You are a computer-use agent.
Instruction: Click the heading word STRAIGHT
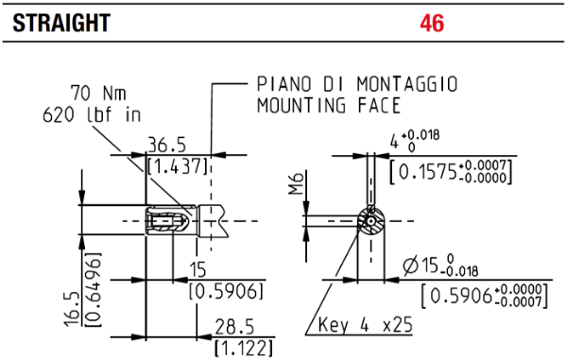coord(61,23)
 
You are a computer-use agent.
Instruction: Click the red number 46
coord(432,23)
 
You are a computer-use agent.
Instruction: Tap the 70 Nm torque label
coord(98,93)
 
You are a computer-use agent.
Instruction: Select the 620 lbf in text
coord(92,115)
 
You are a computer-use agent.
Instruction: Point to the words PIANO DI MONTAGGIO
coord(357,84)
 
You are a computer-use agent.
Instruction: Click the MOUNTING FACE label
coord(329,105)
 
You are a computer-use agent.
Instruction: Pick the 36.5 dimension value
coord(166,146)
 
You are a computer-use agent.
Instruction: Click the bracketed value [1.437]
coord(178,166)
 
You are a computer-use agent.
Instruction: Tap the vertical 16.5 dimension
coord(73,309)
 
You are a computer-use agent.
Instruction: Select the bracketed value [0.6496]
coord(94,290)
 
